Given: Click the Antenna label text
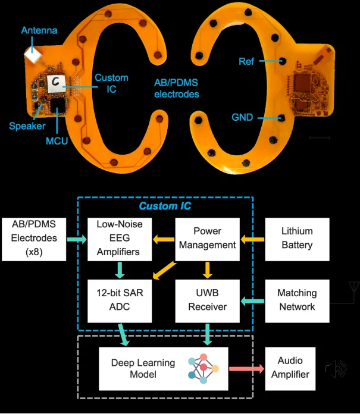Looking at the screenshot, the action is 39,30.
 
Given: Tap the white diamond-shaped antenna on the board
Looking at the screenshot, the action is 33,55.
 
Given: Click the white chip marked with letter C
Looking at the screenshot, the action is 56,83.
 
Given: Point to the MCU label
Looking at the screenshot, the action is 57,141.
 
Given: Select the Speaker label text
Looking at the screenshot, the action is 27,126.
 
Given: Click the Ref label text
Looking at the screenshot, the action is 246,61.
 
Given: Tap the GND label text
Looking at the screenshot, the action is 242,117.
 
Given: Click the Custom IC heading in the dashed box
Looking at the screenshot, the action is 165,206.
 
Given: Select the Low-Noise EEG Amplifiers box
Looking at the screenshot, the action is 120,239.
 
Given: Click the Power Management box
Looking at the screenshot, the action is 207,239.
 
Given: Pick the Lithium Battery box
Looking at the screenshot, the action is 297,239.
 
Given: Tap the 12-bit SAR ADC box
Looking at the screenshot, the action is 120,301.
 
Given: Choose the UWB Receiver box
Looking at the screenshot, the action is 207,301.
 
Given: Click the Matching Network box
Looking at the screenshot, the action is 297,301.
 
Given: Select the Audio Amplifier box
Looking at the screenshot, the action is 290,369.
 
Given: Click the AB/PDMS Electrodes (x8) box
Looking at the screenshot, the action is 34,239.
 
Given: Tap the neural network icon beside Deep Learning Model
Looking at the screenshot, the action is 203,368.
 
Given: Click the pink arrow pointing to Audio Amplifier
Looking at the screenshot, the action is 246,369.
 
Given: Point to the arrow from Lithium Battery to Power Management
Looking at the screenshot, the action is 252,240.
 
